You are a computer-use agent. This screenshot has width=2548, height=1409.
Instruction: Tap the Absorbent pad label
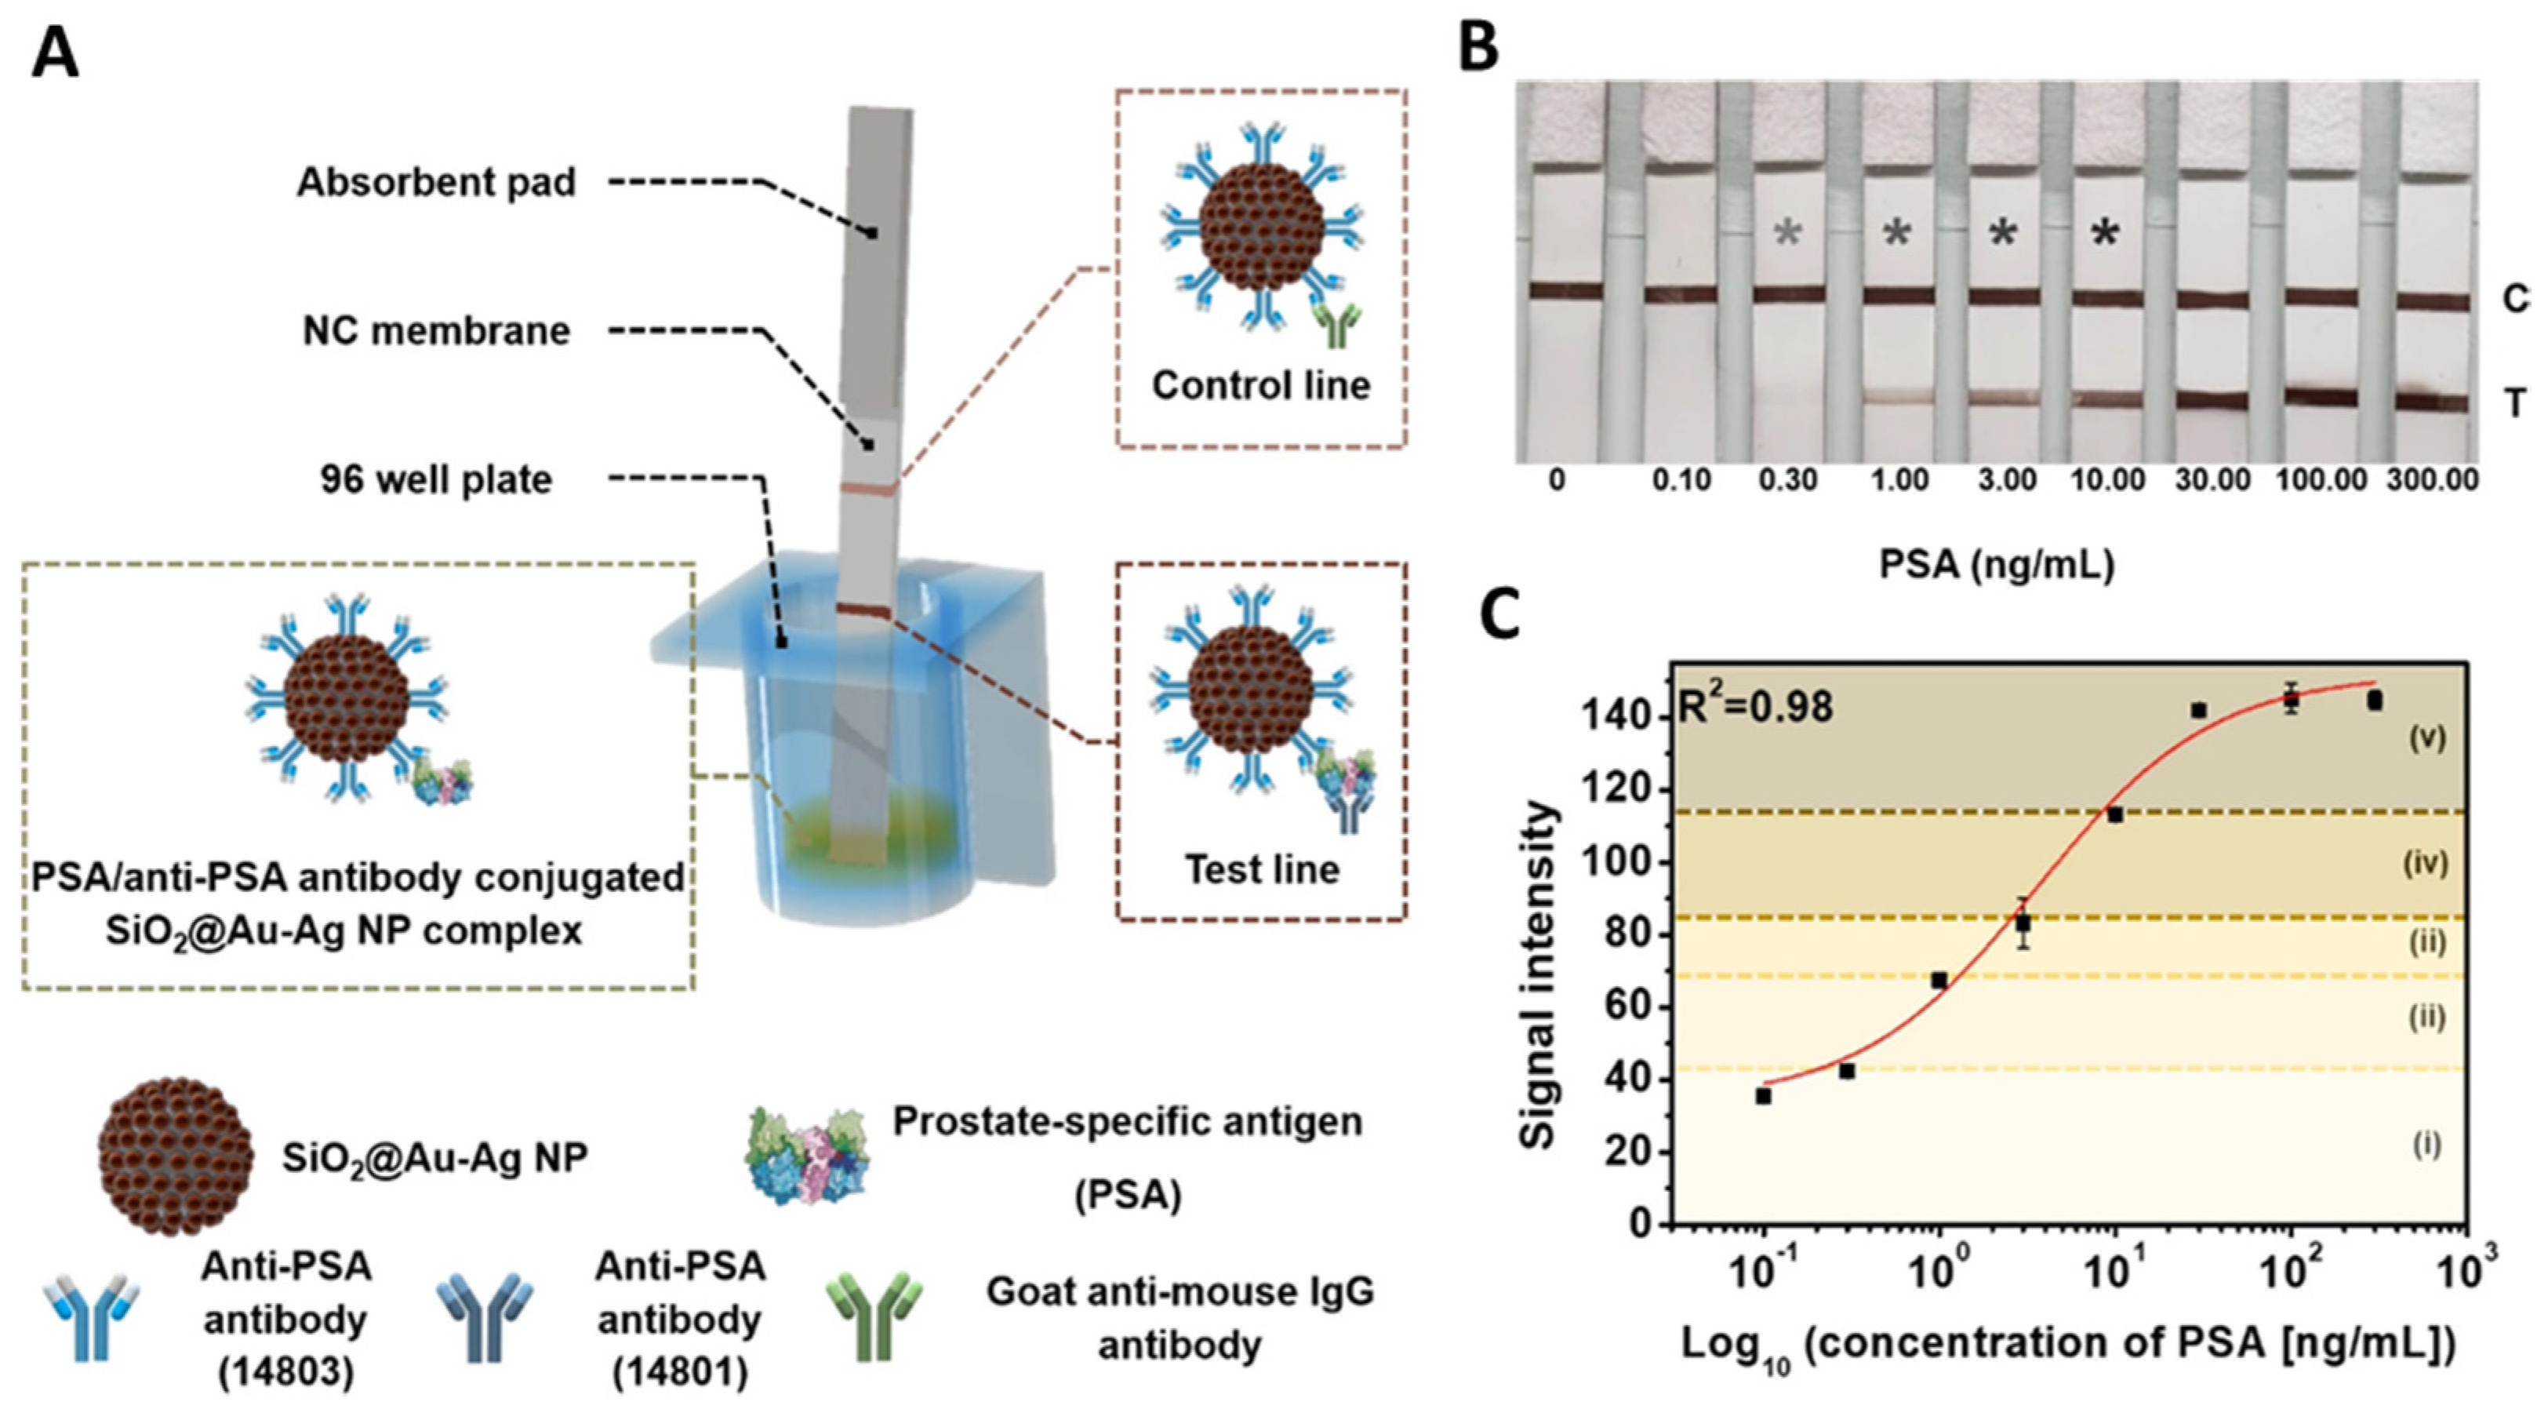coord(436,183)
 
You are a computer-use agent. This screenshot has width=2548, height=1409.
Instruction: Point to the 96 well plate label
coord(436,480)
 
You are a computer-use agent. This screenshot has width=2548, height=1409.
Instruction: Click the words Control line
coord(1261,385)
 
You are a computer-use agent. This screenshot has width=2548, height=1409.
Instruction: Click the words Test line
coord(1262,870)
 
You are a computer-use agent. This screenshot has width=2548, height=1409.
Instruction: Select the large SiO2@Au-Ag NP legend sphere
coord(175,1156)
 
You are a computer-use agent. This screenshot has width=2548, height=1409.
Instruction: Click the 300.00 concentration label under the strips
coord(2432,481)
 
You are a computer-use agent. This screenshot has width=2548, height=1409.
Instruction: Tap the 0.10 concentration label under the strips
coord(1681,481)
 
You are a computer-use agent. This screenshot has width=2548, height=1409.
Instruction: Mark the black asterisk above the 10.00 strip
coord(2106,234)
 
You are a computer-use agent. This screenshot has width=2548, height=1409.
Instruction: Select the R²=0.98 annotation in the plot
coord(1757,708)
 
